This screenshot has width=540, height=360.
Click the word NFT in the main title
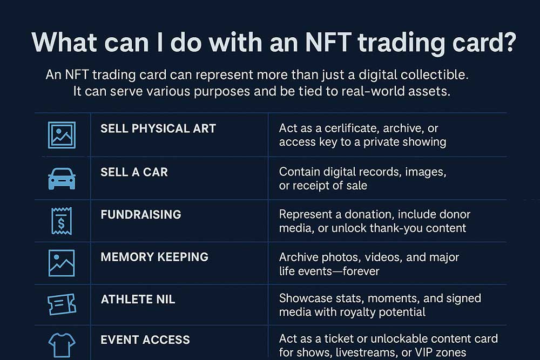click(328, 42)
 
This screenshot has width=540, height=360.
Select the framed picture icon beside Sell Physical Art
click(62, 135)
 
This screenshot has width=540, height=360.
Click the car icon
click(62, 179)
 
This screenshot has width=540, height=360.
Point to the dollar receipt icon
click(62, 221)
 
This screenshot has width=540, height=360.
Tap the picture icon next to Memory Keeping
click(62, 263)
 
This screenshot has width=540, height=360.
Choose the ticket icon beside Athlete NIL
click(62, 304)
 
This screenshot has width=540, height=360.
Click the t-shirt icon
click(62, 345)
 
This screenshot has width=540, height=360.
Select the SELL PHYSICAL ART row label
click(158, 128)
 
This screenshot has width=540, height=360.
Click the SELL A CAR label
click(134, 172)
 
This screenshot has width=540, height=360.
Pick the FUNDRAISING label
click(141, 214)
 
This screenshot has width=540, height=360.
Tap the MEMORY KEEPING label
click(154, 257)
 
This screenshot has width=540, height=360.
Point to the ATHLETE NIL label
click(138, 299)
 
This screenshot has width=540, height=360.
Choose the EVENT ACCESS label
click(145, 339)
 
